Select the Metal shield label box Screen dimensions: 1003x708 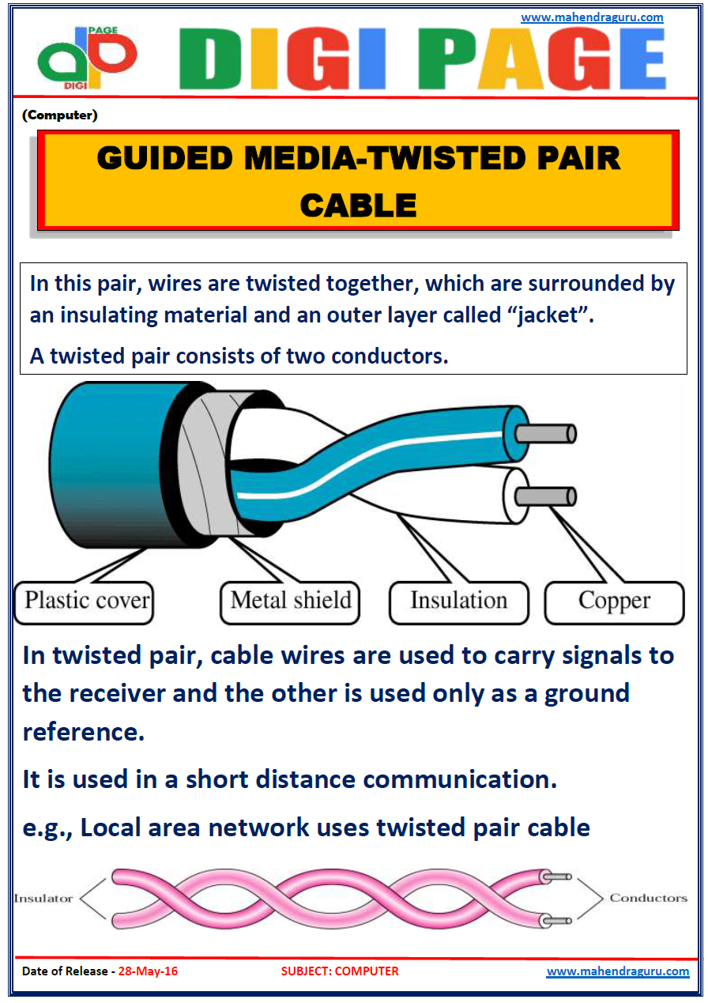click(290, 601)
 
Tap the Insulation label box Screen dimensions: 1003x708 click(458, 601)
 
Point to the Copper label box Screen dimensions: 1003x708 click(614, 601)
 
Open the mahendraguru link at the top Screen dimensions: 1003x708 click(592, 17)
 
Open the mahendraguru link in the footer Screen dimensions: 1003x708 click(617, 971)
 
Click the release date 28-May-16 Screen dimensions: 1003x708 click(148, 971)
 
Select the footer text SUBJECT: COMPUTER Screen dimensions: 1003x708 click(340, 971)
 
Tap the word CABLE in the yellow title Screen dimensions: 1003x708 click(358, 206)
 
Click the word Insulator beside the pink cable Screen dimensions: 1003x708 click(43, 898)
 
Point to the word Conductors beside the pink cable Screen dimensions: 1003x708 click(648, 898)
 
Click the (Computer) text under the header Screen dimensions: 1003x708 click(60, 115)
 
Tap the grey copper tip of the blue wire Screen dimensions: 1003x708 click(545, 434)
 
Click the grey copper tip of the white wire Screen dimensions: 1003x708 click(545, 496)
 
